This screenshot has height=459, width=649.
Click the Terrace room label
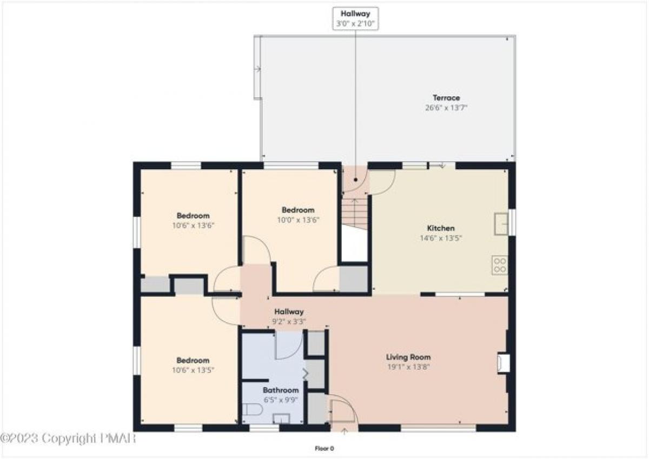point(446,98)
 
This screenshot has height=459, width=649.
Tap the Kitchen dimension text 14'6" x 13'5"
point(441,238)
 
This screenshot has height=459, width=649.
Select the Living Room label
point(408,357)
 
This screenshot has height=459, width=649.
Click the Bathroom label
point(281,390)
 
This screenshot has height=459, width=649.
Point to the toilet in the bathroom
point(252,409)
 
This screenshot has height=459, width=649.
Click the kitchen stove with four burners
point(500,265)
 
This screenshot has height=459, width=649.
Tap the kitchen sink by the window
point(501,224)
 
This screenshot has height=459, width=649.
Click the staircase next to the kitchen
point(355,213)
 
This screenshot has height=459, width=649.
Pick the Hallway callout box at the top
point(355,18)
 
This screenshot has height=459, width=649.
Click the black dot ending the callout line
point(355,180)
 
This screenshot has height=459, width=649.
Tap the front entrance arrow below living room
point(344,431)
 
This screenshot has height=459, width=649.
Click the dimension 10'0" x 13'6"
point(298,220)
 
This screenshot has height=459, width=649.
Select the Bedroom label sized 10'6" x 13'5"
point(193,360)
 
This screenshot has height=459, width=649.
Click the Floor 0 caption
point(324,449)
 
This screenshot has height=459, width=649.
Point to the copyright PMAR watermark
point(68,438)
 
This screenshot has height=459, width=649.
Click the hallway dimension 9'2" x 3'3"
point(289,322)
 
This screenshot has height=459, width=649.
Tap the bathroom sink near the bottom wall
point(282,418)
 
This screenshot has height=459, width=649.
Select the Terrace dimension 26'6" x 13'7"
point(446,108)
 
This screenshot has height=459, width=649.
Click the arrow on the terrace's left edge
point(257,69)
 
